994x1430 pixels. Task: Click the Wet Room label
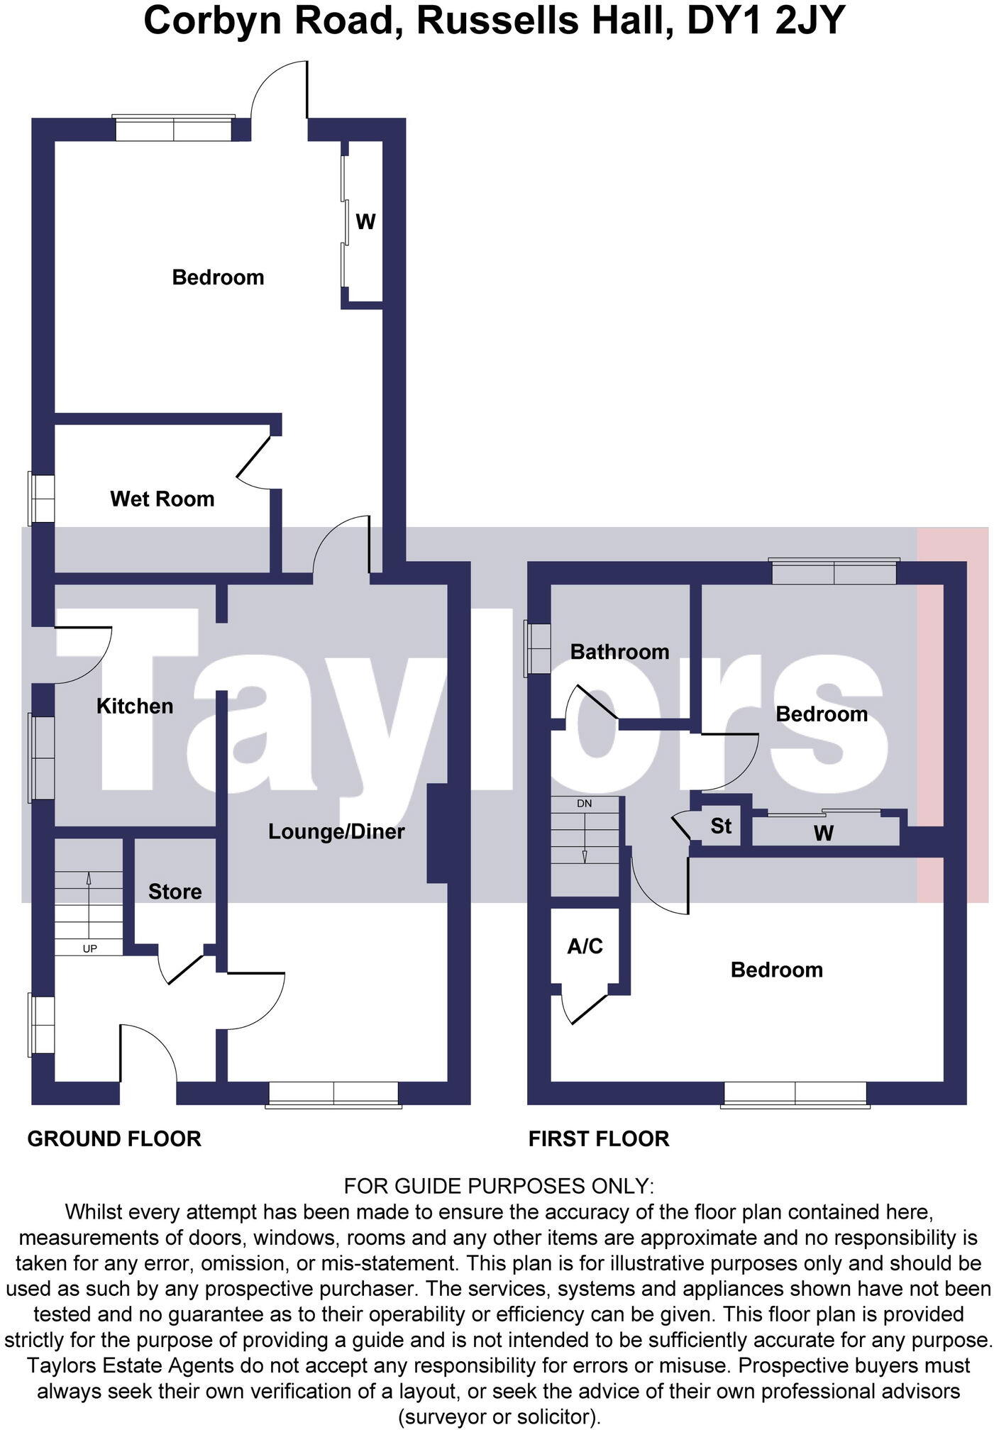tap(162, 499)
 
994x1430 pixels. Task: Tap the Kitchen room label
tap(135, 706)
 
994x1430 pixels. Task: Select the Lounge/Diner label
tap(336, 831)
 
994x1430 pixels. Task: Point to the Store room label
tap(175, 892)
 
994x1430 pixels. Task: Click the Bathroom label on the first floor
tap(619, 651)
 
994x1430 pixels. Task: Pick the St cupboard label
tap(721, 826)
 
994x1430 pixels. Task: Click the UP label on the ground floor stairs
tap(90, 948)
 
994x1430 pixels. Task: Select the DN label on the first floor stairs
tap(585, 804)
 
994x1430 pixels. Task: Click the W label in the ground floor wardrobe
tap(365, 222)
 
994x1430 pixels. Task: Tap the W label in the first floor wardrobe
tap(823, 833)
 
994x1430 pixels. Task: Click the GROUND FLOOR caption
tap(114, 1138)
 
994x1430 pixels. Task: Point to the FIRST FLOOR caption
tap(599, 1138)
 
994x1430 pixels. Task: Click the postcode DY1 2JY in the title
tap(766, 20)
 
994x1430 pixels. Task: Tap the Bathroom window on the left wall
tap(537, 648)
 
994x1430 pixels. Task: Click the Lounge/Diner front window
tap(333, 1094)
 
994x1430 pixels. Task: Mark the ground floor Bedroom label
tap(218, 277)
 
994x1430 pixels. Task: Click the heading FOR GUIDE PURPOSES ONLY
tap(498, 1185)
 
